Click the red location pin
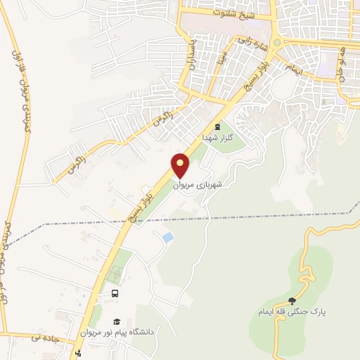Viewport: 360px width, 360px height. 181,165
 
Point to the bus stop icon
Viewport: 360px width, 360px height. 114,293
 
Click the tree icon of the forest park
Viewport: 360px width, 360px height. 292,301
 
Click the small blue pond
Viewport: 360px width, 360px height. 167,238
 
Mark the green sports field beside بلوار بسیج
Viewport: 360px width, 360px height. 120,264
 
